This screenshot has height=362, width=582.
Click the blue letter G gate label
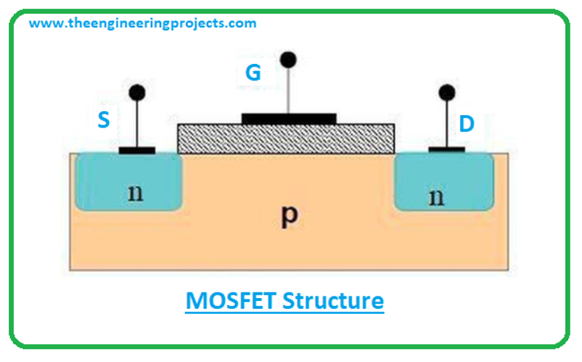[x=253, y=73]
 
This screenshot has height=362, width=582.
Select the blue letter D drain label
[x=467, y=124]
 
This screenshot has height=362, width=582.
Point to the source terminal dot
[x=136, y=91]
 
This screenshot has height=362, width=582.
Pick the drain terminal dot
[x=447, y=91]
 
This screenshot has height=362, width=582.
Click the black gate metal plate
[x=289, y=118]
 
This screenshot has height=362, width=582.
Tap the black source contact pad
[x=136, y=151]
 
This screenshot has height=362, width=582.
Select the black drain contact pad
[x=446, y=150]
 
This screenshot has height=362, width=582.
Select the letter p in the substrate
[x=290, y=218]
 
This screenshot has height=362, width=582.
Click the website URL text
[x=143, y=23]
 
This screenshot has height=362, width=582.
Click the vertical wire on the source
[x=136, y=122]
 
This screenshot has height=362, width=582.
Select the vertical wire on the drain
[x=447, y=122]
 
